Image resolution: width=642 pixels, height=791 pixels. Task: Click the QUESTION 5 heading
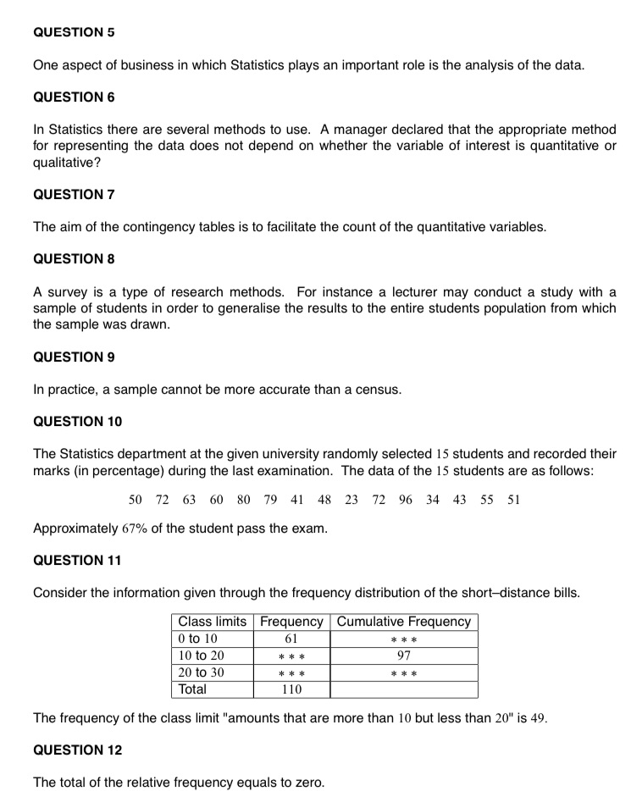point(74,32)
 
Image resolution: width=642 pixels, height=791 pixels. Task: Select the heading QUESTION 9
point(74,357)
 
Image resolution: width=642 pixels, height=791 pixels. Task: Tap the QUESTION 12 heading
point(77,750)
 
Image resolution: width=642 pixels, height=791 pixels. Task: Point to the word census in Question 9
point(378,390)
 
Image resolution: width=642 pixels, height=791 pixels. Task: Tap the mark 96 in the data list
point(406,499)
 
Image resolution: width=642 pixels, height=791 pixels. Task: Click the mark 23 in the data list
point(351,499)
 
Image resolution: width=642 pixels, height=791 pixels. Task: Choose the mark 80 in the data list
point(244,499)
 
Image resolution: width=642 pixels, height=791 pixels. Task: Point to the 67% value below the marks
point(136,529)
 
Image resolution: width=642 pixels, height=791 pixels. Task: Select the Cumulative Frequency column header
point(403,622)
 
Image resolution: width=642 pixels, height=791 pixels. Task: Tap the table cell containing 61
point(291,639)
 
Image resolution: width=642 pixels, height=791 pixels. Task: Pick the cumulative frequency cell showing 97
point(403,655)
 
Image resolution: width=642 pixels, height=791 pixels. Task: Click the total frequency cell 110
point(291,689)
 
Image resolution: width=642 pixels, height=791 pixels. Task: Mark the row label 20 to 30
point(201,672)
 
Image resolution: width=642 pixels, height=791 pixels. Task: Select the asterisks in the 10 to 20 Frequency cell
point(291,656)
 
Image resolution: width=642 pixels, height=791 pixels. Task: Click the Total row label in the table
point(192,689)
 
